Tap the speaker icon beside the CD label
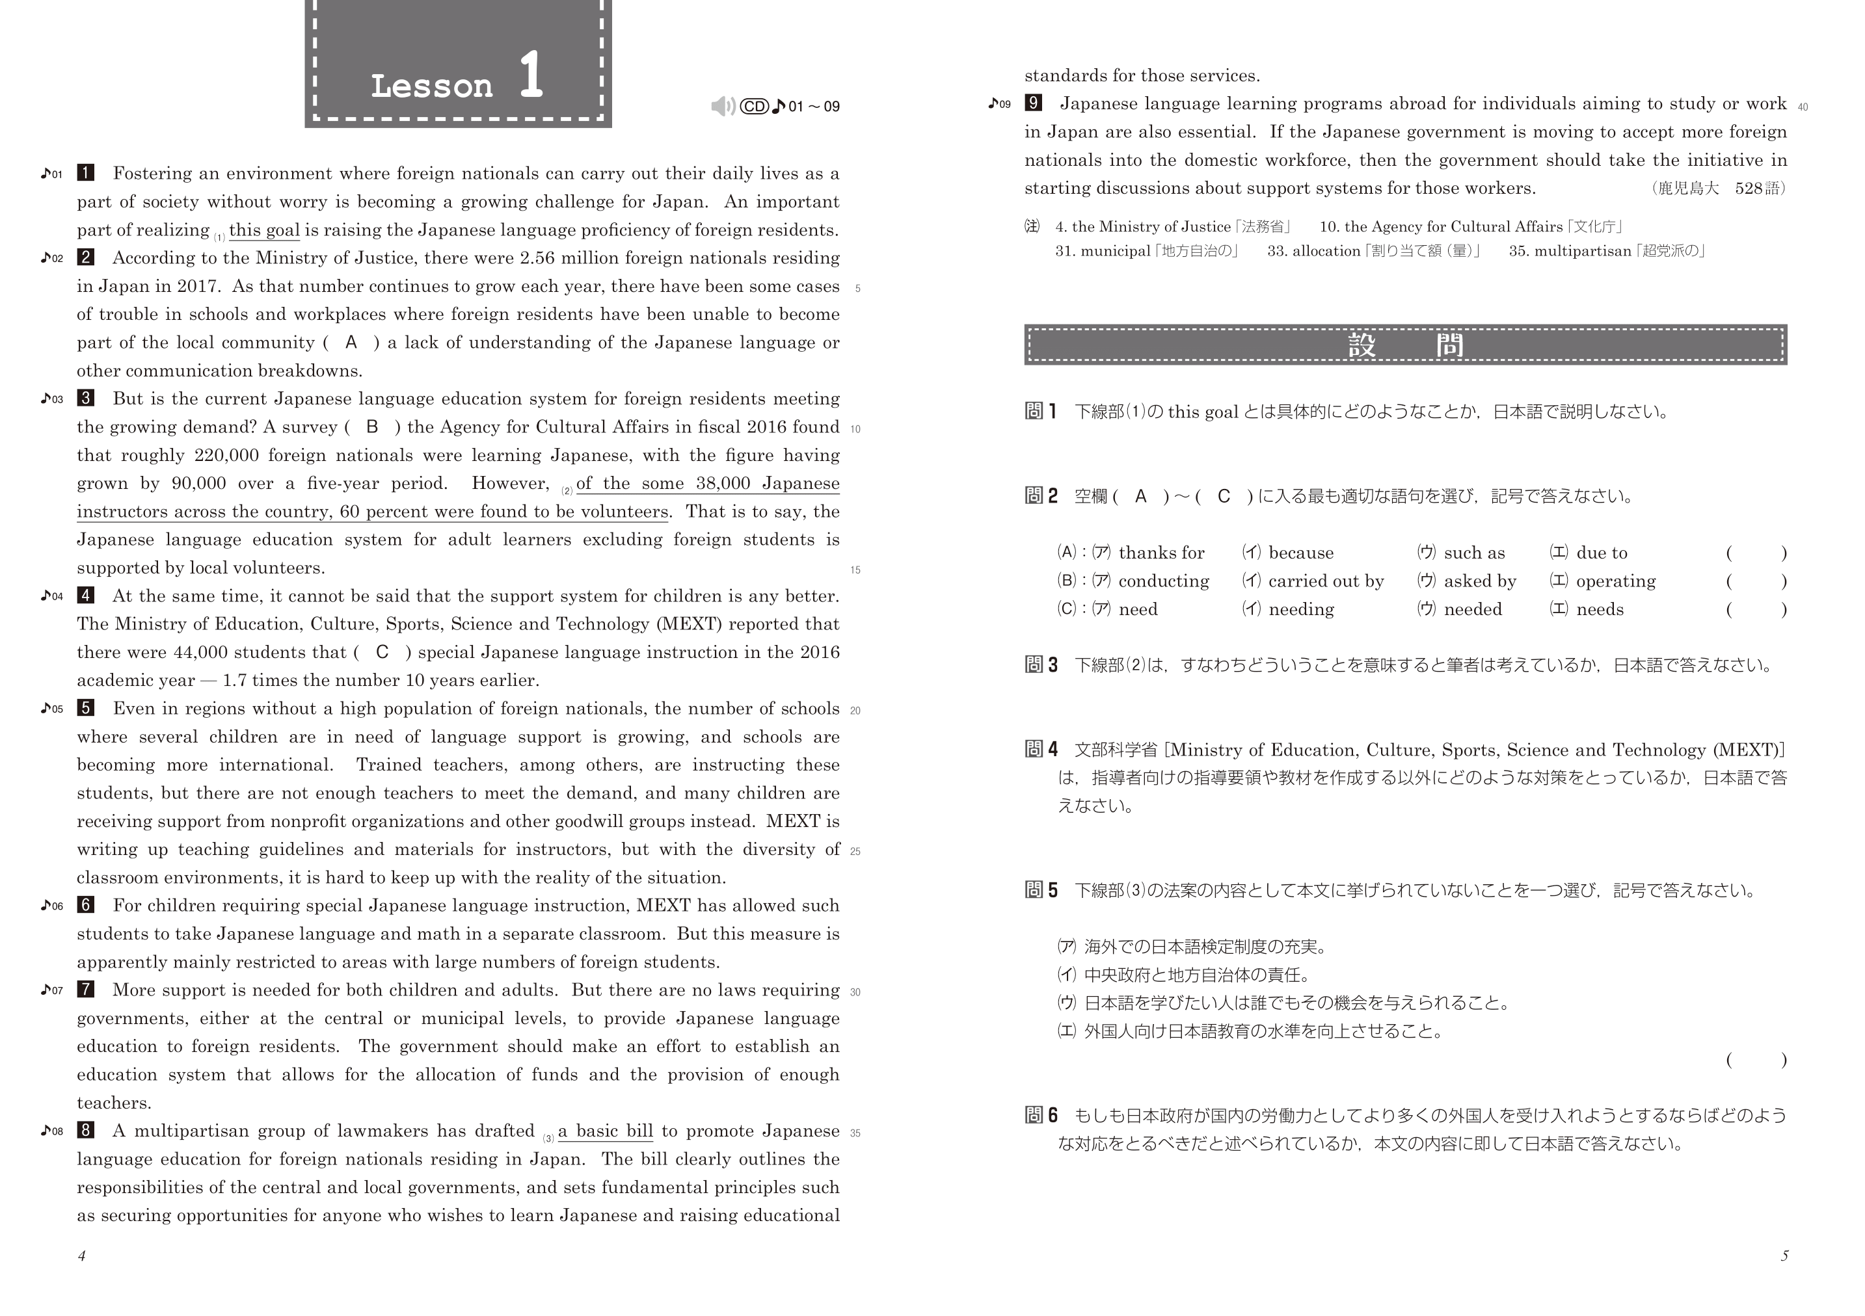coord(722,107)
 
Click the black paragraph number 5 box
coord(85,708)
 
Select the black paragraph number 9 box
coord(1033,103)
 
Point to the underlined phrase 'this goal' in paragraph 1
coord(264,231)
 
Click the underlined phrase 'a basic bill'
coord(605,1131)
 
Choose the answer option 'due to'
coord(1601,553)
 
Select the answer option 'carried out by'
coord(1326,581)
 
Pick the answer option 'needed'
coord(1473,610)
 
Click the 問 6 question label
coord(1041,1116)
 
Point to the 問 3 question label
coord(1041,665)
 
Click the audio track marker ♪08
coord(52,1131)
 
